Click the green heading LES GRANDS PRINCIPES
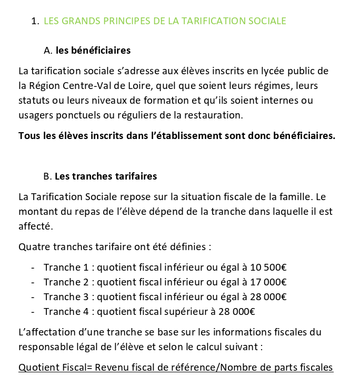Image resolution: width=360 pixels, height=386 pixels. pyautogui.click(x=165, y=21)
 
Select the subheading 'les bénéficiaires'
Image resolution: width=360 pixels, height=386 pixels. pyautogui.click(x=93, y=51)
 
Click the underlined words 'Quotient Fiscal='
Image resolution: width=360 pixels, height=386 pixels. pyautogui.click(x=55, y=367)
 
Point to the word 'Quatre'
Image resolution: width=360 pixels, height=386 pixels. pyautogui.click(x=33, y=246)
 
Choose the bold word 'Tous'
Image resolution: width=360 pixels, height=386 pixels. pyautogui.click(x=28, y=135)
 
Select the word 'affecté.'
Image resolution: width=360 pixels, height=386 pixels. pyautogui.click(x=36, y=226)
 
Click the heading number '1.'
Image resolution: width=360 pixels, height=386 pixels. pyautogui.click(x=35, y=21)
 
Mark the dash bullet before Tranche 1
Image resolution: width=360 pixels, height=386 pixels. pyautogui.click(x=33, y=267)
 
